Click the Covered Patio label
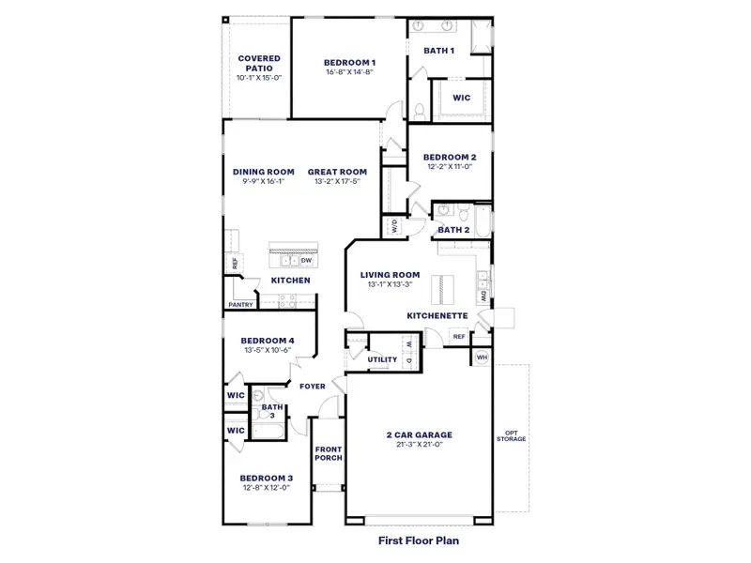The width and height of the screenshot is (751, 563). pyautogui.click(x=258, y=63)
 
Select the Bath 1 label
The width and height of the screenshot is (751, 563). pyautogui.click(x=439, y=51)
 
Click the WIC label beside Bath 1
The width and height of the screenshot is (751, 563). pyautogui.click(x=461, y=97)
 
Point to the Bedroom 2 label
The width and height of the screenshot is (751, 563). pyautogui.click(x=450, y=157)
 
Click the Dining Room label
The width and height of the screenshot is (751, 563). pyautogui.click(x=264, y=172)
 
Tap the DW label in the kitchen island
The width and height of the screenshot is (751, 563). pyautogui.click(x=306, y=260)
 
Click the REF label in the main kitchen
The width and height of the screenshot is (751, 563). pyautogui.click(x=236, y=264)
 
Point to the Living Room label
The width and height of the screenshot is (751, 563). pyautogui.click(x=390, y=275)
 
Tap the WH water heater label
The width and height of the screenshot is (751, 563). pyautogui.click(x=482, y=357)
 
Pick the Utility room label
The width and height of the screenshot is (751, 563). pyautogui.click(x=382, y=359)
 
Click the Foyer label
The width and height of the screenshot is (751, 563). pyautogui.click(x=312, y=386)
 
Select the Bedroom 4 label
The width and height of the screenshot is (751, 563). pyautogui.click(x=268, y=341)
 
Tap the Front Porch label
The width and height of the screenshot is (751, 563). pyautogui.click(x=329, y=453)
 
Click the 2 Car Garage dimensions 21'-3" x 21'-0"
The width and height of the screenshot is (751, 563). pyautogui.click(x=420, y=444)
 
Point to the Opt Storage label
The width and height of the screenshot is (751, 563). pyautogui.click(x=512, y=435)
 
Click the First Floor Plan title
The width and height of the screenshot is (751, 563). pyautogui.click(x=419, y=540)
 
